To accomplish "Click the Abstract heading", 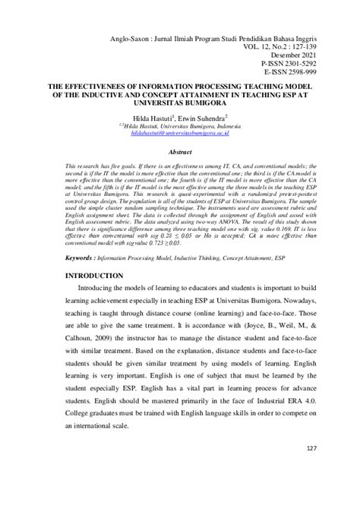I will point(180,151).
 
